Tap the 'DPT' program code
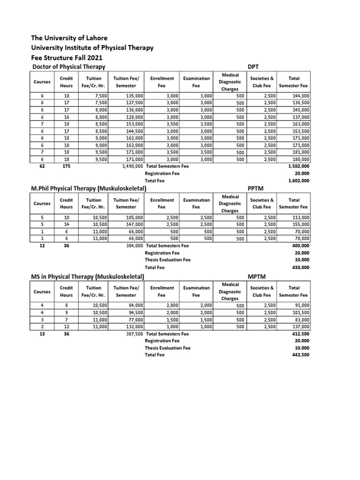[254, 67]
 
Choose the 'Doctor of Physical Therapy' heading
[68, 67]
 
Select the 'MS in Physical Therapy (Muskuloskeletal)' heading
[87, 277]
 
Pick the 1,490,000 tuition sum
[133, 166]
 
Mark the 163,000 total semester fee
[300, 124]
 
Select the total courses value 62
[42, 166]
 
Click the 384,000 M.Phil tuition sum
[134, 245]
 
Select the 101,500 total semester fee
[300, 312]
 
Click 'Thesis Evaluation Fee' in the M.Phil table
[168, 260]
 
